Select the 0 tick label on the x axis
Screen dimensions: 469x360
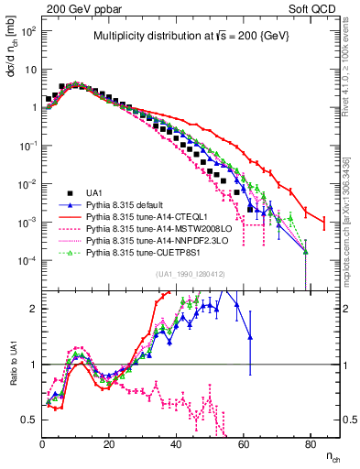pyautogui.click(x=43, y=446)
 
